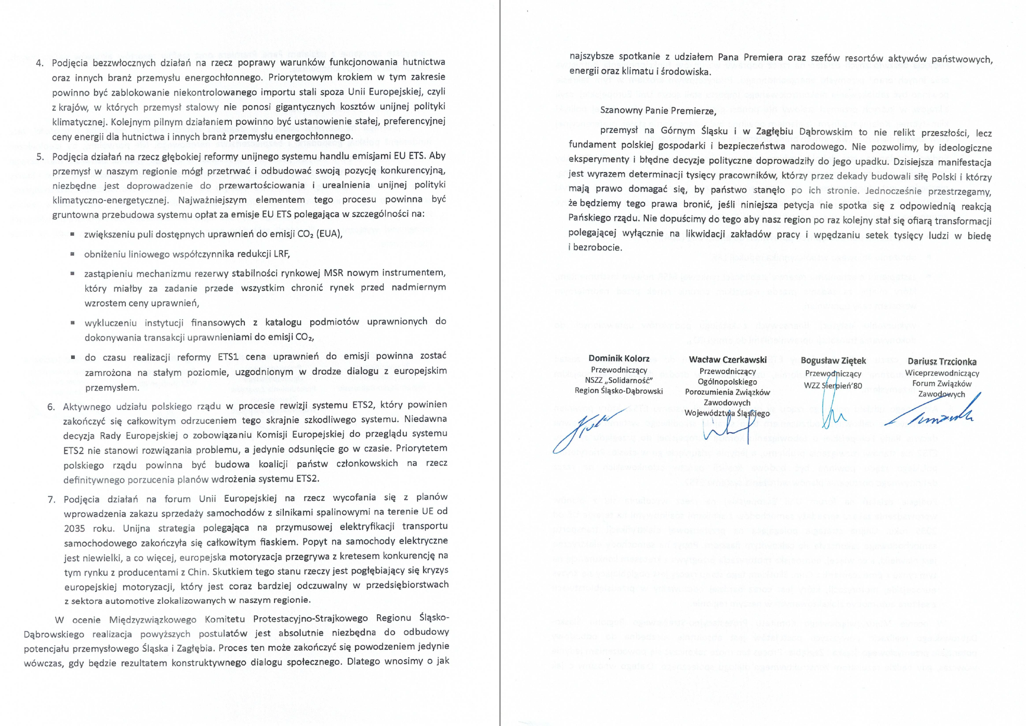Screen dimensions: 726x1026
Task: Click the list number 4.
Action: click(40, 63)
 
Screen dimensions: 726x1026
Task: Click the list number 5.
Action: click(40, 157)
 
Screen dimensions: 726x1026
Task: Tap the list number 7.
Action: click(51, 500)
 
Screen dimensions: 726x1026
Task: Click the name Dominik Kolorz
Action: click(619, 358)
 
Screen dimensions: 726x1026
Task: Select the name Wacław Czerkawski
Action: click(727, 359)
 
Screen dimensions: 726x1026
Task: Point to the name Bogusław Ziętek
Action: click(833, 360)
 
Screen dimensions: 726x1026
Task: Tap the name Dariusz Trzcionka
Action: click(942, 361)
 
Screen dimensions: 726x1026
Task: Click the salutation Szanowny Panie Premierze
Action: click(658, 110)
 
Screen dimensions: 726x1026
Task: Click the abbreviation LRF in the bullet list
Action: click(280, 254)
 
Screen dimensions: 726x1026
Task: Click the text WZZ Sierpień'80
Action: click(833, 385)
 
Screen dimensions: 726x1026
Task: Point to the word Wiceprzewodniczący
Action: click(942, 373)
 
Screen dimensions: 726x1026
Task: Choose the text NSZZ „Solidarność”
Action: click(619, 380)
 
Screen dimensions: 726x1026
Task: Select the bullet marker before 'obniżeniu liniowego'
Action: click(72, 254)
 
